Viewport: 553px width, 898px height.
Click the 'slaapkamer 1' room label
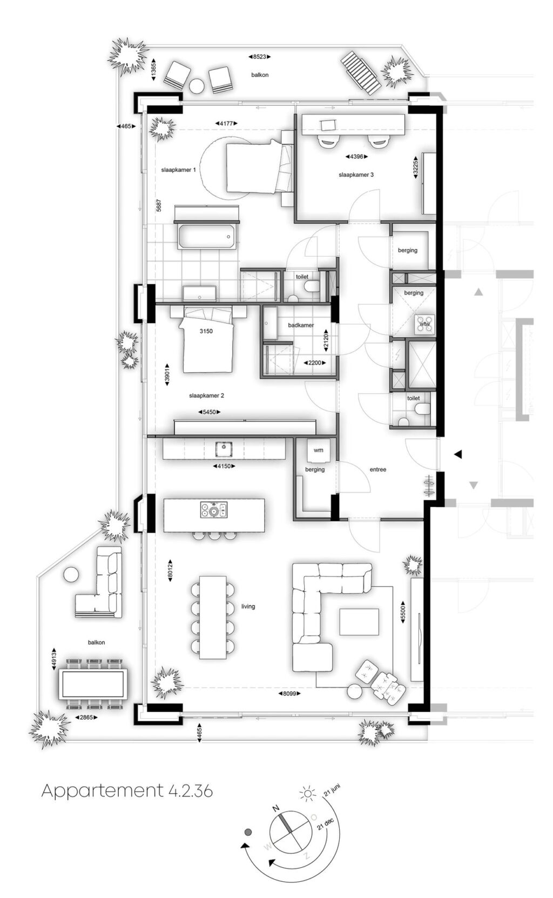pyautogui.click(x=178, y=170)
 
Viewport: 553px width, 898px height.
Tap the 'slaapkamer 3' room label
pyautogui.click(x=356, y=175)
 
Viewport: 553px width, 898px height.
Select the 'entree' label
pyautogui.click(x=378, y=470)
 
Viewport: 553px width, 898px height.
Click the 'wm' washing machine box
pyautogui.click(x=319, y=450)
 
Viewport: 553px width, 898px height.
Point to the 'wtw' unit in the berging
pyautogui.click(x=425, y=324)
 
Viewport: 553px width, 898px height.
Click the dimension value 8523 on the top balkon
pyautogui.click(x=259, y=57)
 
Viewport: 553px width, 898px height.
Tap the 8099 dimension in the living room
pyautogui.click(x=289, y=693)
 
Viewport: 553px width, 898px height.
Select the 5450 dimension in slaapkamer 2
pyautogui.click(x=209, y=412)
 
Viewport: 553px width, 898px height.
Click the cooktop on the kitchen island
pyautogui.click(x=214, y=510)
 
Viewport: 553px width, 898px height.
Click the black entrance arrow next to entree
pyautogui.click(x=458, y=454)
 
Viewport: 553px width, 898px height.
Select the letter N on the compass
pyautogui.click(x=276, y=808)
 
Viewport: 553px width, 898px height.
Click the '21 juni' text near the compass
pyautogui.click(x=332, y=791)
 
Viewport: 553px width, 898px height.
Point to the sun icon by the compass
pyautogui.click(x=307, y=793)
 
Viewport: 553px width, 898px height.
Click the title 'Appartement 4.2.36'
pyautogui.click(x=127, y=791)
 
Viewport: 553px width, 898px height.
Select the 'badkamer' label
pyautogui.click(x=301, y=325)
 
